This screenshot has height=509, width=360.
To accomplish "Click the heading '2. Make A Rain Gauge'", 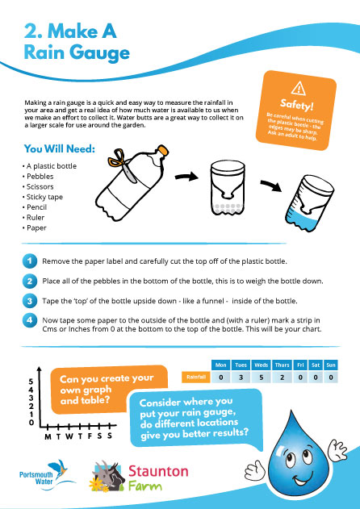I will coord(77,42).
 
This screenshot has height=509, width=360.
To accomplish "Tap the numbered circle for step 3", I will coord(28,300).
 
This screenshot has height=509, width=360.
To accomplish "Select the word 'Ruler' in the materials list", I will coord(36,216).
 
